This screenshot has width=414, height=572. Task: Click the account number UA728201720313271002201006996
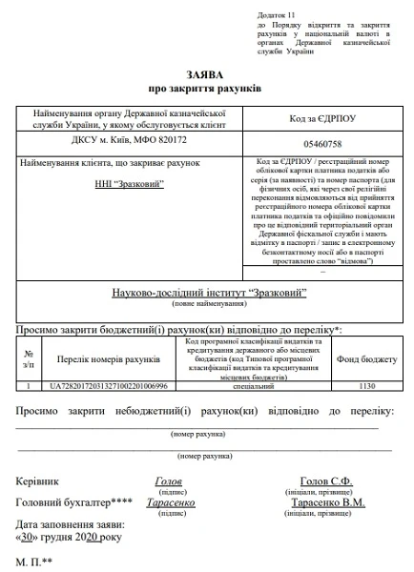point(108,386)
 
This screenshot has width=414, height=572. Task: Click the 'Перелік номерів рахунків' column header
point(108,360)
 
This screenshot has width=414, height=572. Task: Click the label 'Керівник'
point(38,481)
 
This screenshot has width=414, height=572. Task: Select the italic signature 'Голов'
point(168,481)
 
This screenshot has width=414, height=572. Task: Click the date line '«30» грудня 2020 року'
point(69,539)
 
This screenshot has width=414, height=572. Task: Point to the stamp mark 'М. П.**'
point(33,562)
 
